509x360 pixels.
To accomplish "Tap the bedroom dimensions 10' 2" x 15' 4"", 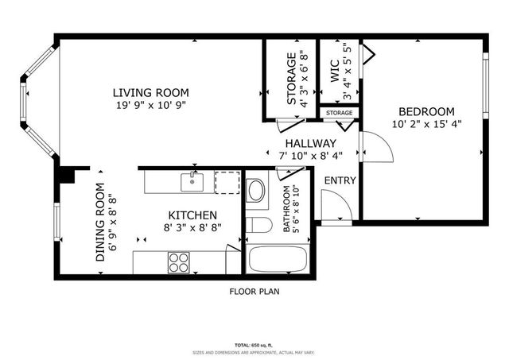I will (425, 123).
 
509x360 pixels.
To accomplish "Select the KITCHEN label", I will (192, 215).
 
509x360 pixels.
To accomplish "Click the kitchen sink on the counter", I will (192, 182).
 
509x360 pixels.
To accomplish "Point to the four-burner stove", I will (179, 261).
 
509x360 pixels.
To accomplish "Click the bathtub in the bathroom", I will (276, 260).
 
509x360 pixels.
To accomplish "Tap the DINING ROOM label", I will (101, 223).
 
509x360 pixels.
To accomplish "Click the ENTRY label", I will (340, 180).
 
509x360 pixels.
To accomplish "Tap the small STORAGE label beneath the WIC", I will (339, 114).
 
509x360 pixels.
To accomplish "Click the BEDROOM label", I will (426, 111).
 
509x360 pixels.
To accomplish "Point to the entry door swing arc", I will (340, 206).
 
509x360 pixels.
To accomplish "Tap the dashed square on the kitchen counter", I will (227, 182).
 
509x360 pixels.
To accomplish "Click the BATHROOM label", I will (287, 210).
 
